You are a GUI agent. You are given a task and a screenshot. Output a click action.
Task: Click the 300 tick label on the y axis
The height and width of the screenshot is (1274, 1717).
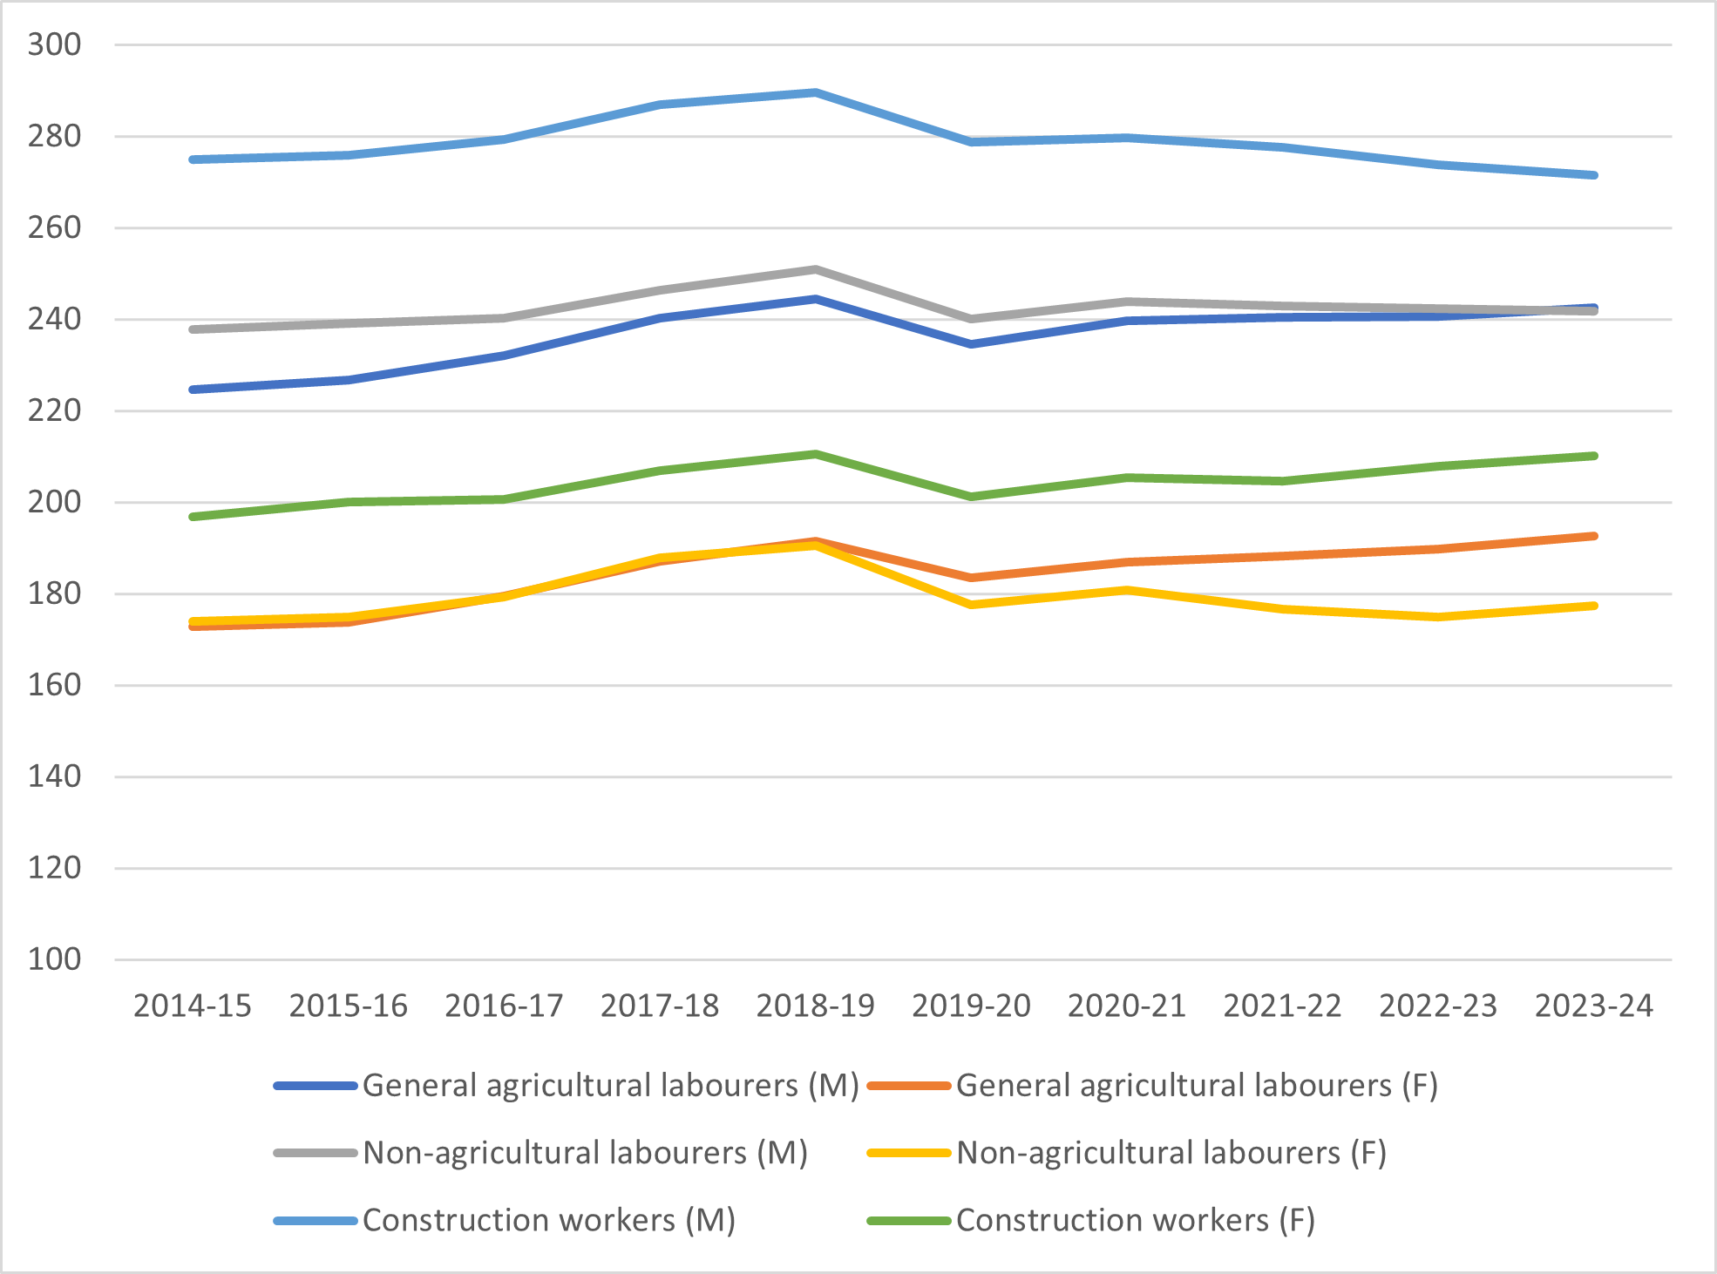point(54,44)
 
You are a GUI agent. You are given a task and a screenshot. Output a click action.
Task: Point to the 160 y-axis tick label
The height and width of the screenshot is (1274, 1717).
point(54,685)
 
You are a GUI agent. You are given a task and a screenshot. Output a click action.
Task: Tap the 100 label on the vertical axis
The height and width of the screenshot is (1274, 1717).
point(54,959)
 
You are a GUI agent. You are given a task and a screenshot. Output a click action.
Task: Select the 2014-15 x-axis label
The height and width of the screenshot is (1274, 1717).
point(193,1006)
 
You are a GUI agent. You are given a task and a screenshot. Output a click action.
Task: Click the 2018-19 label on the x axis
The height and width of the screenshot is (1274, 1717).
point(816,1006)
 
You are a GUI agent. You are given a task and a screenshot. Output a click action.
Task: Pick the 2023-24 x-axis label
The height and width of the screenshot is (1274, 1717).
point(1594,1006)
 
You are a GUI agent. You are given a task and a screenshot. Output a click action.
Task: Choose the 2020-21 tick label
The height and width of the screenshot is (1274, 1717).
point(1127,1006)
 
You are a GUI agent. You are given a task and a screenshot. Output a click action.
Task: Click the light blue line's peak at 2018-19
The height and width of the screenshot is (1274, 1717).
point(816,92)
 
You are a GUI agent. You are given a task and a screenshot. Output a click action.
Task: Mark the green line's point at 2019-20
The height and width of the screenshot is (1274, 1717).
point(971,497)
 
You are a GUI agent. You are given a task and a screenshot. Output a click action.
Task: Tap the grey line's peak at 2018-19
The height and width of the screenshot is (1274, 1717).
point(816,270)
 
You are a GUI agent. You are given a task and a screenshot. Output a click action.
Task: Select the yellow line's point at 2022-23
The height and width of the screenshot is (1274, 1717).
point(1438,617)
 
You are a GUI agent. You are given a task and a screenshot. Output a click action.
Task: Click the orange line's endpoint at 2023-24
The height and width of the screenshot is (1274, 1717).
point(1594,536)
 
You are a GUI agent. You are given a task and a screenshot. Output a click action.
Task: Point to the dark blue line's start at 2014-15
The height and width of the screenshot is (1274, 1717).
point(193,390)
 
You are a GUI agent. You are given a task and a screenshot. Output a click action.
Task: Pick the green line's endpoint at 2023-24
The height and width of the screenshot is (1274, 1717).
point(1594,456)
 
